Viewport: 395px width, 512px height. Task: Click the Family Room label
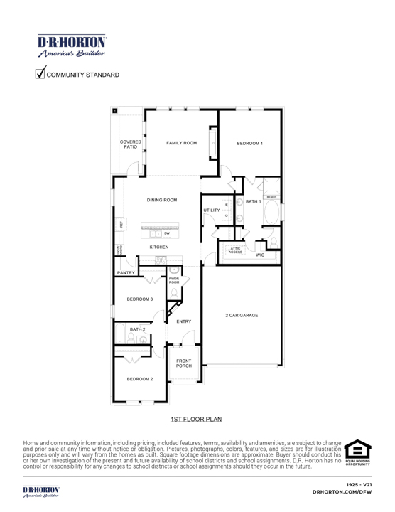pos(181,143)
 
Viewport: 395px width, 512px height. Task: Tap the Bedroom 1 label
pos(249,144)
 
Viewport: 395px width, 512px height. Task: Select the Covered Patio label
pos(131,144)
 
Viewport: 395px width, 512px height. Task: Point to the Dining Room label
pos(162,201)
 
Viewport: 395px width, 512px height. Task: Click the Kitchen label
pos(158,247)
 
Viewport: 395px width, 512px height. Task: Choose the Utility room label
pos(212,210)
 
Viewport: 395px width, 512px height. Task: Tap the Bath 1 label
pos(254,202)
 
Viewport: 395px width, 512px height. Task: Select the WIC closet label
pos(260,254)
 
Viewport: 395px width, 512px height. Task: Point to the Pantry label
pos(126,272)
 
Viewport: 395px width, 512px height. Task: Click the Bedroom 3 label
pos(140,299)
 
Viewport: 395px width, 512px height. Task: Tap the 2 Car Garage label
pos(242,315)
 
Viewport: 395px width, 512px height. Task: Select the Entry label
pos(184,322)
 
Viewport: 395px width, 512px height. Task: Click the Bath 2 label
pos(137,330)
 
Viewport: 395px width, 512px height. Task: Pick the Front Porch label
pos(184,363)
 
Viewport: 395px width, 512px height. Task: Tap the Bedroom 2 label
pos(140,379)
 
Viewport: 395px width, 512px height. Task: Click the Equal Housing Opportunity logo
pos(357,452)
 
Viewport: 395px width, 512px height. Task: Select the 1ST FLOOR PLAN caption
pos(196,420)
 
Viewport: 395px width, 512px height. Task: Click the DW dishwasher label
pos(167,233)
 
